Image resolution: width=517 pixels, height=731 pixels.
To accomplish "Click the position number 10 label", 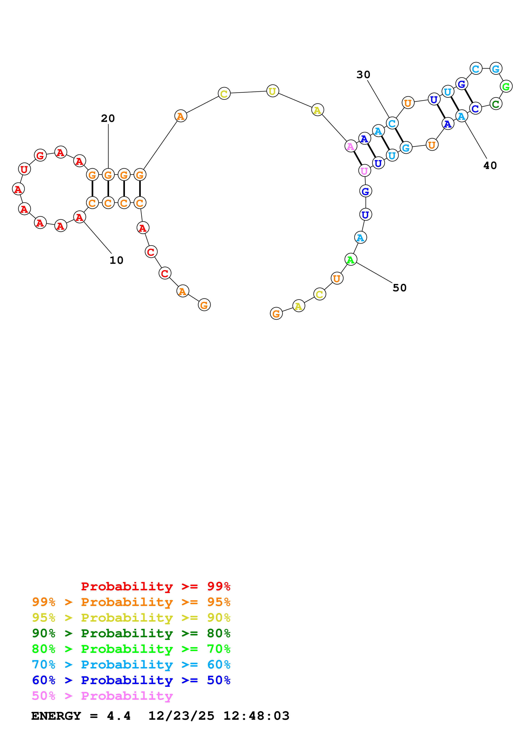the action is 116,260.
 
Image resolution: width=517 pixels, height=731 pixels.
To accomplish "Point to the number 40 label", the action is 490,165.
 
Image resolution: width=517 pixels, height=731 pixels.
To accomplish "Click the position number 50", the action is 399,288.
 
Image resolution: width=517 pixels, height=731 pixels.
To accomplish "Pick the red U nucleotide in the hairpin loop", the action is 24,169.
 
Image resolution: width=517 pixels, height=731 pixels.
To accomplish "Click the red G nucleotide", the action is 40,155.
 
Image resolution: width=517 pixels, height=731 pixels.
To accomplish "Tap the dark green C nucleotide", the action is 495,104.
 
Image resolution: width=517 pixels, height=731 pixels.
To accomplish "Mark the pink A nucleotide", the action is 350,146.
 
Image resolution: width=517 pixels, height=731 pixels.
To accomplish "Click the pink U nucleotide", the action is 364,171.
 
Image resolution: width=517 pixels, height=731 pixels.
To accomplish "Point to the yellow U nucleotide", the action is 272,91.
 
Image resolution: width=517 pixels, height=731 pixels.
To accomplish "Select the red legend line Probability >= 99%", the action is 155,586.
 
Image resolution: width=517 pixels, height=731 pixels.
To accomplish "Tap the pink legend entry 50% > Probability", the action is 102,696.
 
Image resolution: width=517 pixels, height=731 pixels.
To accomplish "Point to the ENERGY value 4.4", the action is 118,716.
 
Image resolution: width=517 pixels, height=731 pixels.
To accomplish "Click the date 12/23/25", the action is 181,716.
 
